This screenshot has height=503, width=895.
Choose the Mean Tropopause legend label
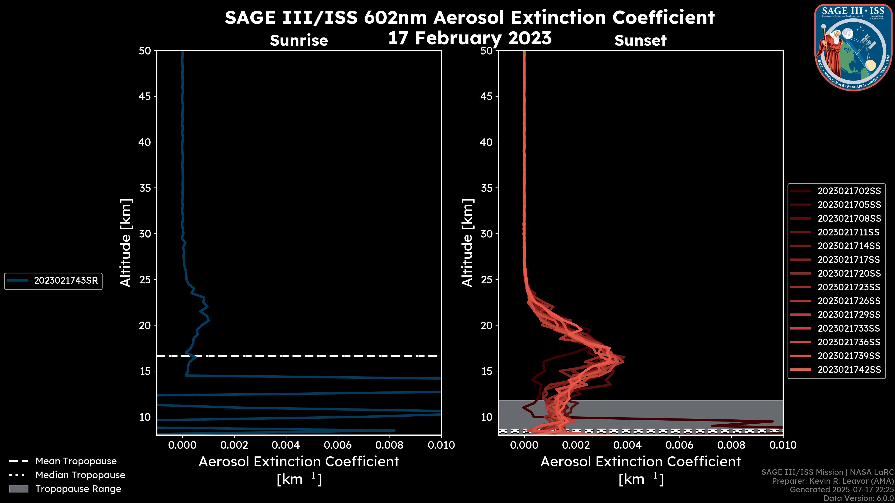tap(76, 461)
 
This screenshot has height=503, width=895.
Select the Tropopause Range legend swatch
tap(19, 489)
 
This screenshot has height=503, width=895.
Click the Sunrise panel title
tap(299, 40)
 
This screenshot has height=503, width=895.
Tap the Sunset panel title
tap(640, 40)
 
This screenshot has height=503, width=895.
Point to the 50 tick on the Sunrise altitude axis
tap(145, 51)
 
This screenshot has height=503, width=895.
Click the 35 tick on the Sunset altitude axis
tap(486, 188)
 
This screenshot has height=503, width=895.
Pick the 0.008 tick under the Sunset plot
tap(731, 445)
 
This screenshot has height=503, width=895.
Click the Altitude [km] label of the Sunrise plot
tap(125, 243)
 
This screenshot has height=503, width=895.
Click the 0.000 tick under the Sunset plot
tap(524, 445)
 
